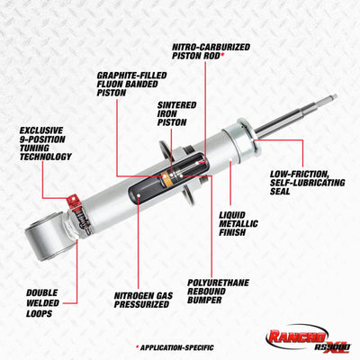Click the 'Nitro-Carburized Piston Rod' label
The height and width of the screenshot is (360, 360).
pos(211,51)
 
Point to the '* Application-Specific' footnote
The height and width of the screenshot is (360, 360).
pos(177,346)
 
